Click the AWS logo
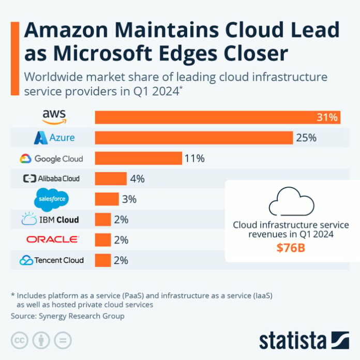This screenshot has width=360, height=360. pos(54,117)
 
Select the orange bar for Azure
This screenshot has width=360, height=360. pos(194,138)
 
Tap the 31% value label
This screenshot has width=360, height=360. pos(327,117)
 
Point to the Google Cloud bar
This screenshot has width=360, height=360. pos(138,158)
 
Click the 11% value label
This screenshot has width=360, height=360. pos(195,158)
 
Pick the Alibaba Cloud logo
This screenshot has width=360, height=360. pos(51,178)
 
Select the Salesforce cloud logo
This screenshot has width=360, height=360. pos(52,199)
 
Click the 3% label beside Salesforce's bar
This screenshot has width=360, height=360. pos(129,199)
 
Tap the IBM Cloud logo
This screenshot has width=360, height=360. pos(50,219)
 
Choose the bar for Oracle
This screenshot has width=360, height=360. pos(102,239)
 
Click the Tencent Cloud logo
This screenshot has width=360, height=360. pos(51,260)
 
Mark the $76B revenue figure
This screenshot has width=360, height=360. pos(291,248)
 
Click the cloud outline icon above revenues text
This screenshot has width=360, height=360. pos(291,202)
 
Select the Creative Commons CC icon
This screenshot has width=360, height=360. pos(19,340)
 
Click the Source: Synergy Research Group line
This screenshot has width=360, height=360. pos(68,316)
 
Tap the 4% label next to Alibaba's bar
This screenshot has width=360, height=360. pos(137,178)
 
